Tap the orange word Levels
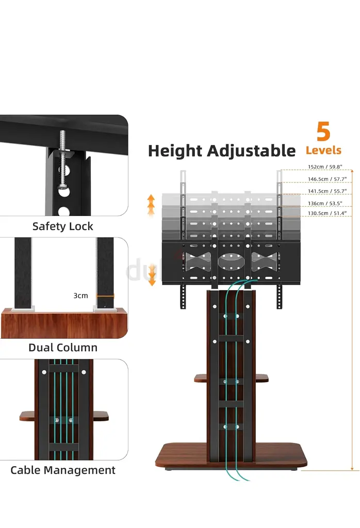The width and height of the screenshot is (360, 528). (323, 150)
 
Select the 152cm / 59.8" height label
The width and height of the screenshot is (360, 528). (325, 167)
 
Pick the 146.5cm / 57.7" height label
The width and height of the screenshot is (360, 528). (327, 179)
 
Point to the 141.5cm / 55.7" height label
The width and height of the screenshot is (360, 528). (327, 191)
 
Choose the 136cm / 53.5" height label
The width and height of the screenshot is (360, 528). (325, 203)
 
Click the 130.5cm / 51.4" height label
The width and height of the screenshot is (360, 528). (327, 213)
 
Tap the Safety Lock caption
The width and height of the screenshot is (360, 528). (62, 226)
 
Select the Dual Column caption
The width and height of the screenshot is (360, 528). (63, 348)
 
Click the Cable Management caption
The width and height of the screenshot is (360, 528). (63, 470)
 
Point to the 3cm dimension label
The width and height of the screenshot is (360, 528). (80, 295)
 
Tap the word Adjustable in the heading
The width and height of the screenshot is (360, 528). (251, 151)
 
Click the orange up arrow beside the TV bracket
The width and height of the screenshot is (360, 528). (151, 205)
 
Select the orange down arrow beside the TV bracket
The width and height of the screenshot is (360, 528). (152, 275)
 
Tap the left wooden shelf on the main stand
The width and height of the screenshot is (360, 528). (201, 378)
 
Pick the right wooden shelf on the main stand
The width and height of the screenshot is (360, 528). (261, 378)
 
